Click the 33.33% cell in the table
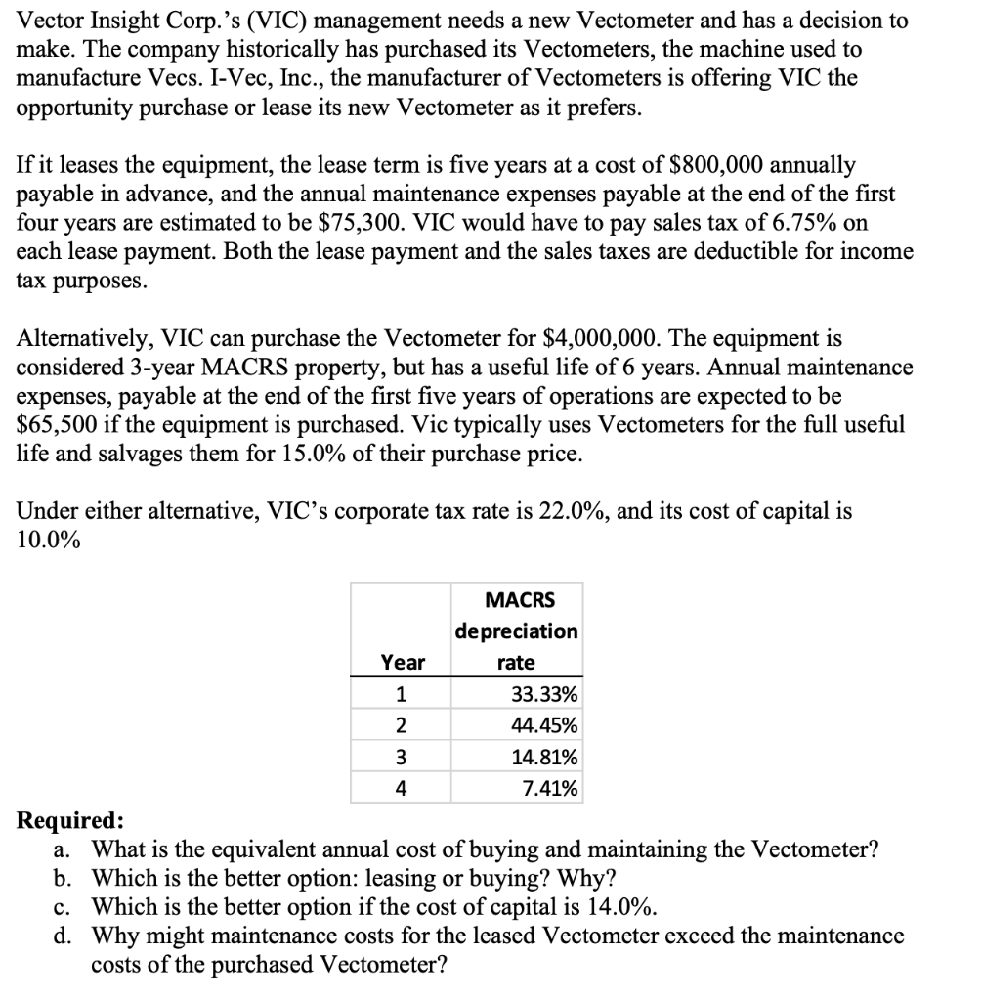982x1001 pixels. [x=543, y=695]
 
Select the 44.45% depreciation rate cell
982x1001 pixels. [x=543, y=726]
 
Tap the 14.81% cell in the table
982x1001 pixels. [x=543, y=757]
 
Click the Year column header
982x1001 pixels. [x=402, y=663]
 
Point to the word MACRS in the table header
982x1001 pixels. [x=518, y=599]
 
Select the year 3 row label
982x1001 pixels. [x=402, y=757]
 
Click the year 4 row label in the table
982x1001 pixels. [x=402, y=788]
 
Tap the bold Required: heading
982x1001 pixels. [x=71, y=820]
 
